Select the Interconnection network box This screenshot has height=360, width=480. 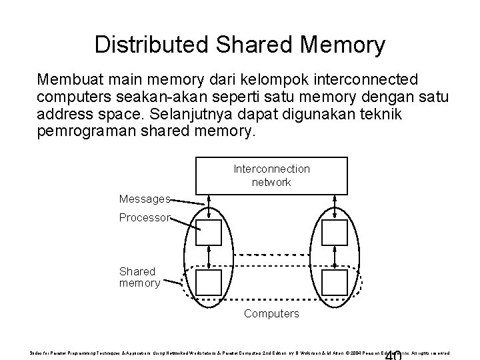[271, 175]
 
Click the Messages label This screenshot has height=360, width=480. [145, 199]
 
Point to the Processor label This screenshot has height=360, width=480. [145, 218]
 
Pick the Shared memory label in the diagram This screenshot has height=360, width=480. [139, 277]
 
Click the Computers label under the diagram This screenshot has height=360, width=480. [271, 313]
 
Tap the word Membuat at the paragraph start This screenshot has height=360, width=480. [69, 81]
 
